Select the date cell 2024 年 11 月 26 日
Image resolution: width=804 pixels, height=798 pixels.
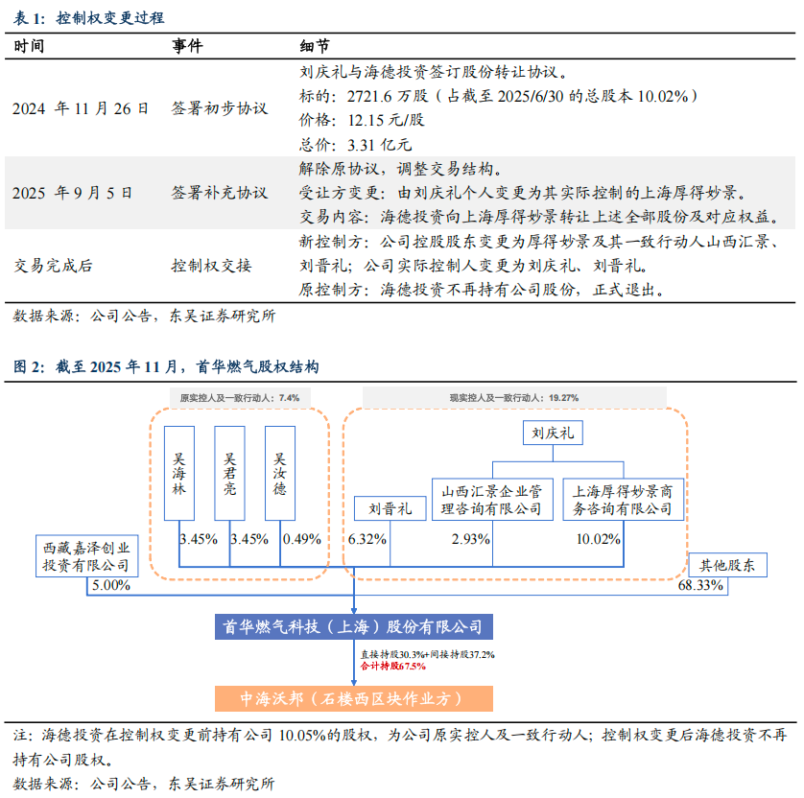[81, 109]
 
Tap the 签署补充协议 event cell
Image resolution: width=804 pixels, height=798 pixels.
[219, 192]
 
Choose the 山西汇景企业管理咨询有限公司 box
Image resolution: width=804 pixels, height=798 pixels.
[492, 500]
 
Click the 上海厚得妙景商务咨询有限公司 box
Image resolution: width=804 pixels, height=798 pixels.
[623, 500]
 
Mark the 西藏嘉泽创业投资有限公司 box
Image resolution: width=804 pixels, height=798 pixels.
[85, 555]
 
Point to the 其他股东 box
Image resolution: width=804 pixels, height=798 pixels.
[728, 565]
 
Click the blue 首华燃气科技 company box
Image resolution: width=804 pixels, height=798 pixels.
[354, 626]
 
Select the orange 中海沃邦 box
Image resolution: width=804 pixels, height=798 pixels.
[353, 698]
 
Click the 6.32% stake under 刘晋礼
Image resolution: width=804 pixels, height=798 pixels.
[367, 539]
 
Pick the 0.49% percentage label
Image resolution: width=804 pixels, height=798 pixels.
[301, 539]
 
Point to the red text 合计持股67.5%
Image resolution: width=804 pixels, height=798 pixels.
[388, 666]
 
